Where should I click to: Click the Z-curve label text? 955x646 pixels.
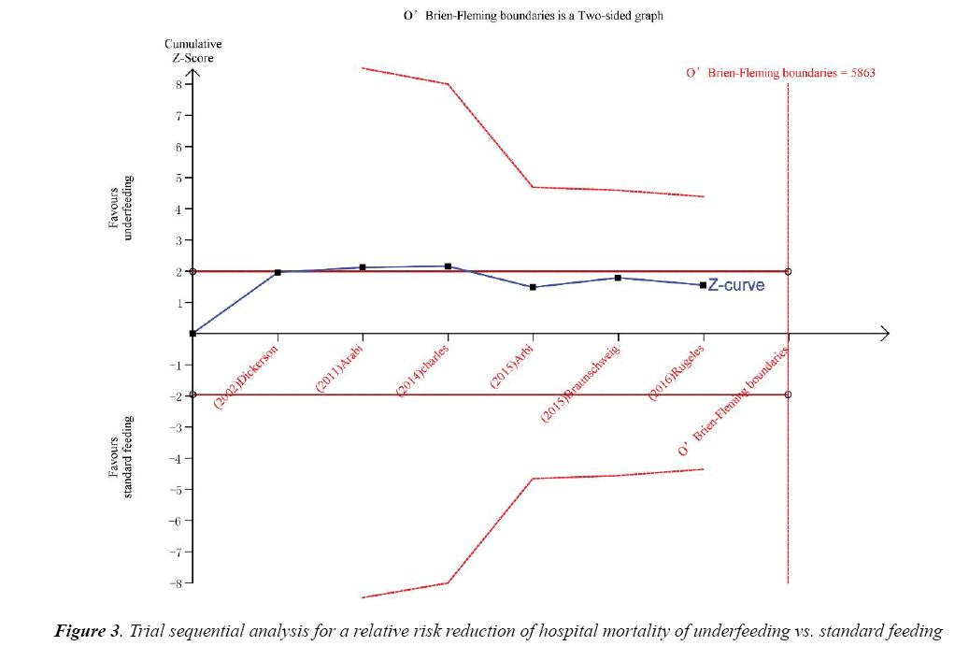click(x=735, y=284)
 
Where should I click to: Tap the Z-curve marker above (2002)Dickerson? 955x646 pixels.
click(x=278, y=272)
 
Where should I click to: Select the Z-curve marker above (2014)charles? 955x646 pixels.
click(x=448, y=266)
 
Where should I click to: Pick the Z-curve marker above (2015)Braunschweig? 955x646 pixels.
click(x=618, y=278)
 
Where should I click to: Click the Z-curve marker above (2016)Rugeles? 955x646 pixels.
click(x=703, y=285)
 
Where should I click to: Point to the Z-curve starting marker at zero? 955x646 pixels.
click(x=192, y=333)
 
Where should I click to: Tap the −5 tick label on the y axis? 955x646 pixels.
click(x=177, y=489)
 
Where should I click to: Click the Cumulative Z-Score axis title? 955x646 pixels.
click(x=193, y=50)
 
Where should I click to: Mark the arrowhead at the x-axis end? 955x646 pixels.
click(x=884, y=334)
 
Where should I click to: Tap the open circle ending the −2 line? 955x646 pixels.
click(x=788, y=395)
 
